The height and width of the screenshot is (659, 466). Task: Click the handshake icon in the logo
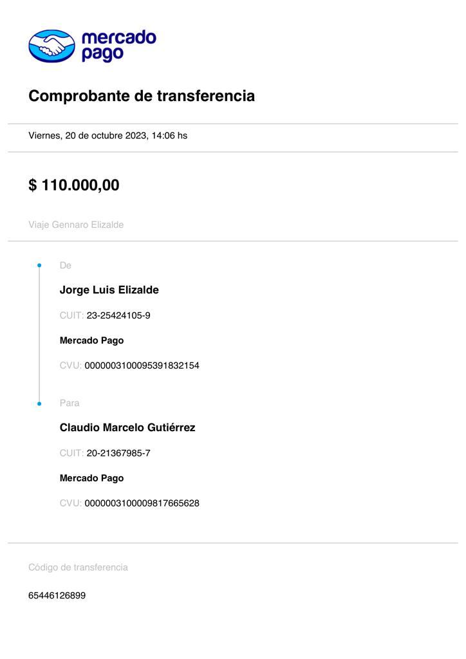(x=51, y=46)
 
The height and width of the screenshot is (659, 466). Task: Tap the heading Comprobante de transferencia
(x=142, y=96)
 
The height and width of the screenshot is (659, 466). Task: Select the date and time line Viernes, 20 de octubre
(x=107, y=136)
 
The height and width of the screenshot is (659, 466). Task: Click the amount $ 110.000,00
(x=74, y=185)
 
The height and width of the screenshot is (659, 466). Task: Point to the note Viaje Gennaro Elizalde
(x=76, y=225)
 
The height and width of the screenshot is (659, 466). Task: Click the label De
(x=65, y=265)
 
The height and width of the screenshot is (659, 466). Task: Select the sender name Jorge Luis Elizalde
(x=109, y=290)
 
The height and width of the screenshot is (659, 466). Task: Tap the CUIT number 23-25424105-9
(x=118, y=315)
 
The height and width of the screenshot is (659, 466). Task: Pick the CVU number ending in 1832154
(x=142, y=366)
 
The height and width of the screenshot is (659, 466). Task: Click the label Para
(x=70, y=403)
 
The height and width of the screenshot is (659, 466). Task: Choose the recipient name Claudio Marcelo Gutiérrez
(x=127, y=427)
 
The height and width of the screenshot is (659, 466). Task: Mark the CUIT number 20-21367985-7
(x=118, y=453)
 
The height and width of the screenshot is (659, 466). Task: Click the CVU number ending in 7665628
(x=142, y=503)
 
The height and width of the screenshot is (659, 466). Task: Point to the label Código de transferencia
(x=78, y=567)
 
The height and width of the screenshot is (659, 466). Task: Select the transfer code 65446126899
(x=57, y=595)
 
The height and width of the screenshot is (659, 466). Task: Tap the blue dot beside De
(x=39, y=265)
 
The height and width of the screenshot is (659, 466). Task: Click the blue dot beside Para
(x=39, y=404)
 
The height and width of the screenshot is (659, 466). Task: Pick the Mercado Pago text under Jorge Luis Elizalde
(x=91, y=340)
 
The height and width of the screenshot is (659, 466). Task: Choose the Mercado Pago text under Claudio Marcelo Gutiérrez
(x=91, y=478)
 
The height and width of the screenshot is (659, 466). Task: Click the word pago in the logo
(x=102, y=55)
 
